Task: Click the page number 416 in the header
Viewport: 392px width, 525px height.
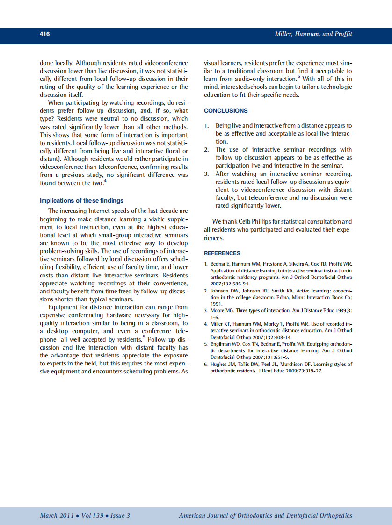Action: tap(45, 34)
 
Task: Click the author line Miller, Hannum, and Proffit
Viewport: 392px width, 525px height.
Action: tap(313, 34)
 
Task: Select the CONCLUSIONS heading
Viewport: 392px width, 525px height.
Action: tap(226, 111)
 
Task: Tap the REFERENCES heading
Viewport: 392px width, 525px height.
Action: tap(222, 253)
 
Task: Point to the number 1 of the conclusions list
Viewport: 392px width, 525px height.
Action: tap(206, 126)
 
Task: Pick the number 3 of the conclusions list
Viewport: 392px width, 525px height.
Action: tap(206, 174)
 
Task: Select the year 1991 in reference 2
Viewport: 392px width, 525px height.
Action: tap(216, 303)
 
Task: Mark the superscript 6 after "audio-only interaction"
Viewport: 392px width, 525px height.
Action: tap(299, 77)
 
